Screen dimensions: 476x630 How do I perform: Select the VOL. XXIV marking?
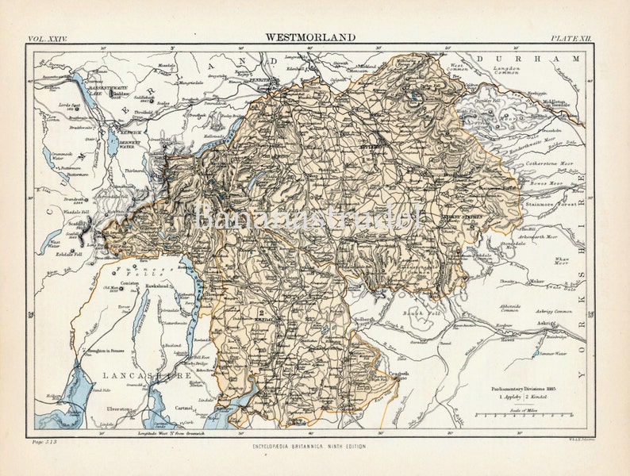[x=48, y=37]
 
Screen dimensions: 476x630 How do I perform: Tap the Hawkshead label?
[x=156, y=285]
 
